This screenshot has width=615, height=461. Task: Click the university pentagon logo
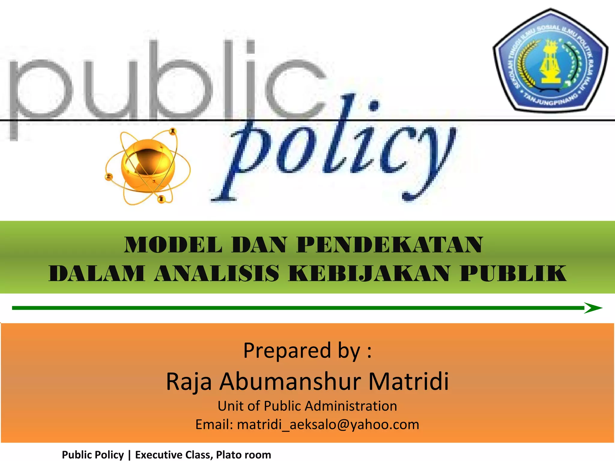point(550,60)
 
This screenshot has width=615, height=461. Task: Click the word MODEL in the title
point(173,245)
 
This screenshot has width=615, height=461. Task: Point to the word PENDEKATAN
point(390,245)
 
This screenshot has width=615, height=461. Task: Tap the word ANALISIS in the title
point(216,273)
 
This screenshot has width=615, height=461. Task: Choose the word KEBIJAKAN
point(368,273)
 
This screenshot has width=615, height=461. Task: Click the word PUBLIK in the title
point(513,273)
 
